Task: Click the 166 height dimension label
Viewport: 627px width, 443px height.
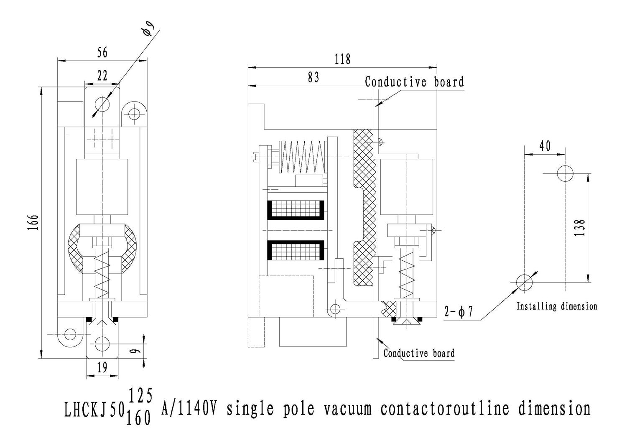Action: point(34,222)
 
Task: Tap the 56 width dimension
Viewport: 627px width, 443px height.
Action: point(102,52)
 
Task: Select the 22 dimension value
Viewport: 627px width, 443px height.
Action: point(102,76)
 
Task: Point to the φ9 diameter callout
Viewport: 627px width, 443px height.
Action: point(148,31)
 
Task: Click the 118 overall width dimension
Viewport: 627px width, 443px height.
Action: point(342,59)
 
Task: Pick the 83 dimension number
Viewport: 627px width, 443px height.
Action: point(313,77)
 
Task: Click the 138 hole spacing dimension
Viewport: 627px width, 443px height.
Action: point(580,228)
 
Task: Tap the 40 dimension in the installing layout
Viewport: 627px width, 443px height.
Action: point(545,146)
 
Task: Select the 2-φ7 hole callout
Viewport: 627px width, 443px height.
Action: point(459,312)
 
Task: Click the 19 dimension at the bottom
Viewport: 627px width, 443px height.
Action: point(102,368)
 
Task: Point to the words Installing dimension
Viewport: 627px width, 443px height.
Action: point(557,306)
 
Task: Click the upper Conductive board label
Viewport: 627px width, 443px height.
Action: point(414,82)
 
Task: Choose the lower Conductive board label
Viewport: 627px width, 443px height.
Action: point(419,353)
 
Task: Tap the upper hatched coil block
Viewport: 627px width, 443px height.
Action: point(296,210)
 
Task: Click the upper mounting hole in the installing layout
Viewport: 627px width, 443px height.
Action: point(565,173)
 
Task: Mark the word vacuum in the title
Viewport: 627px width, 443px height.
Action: point(347,409)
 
